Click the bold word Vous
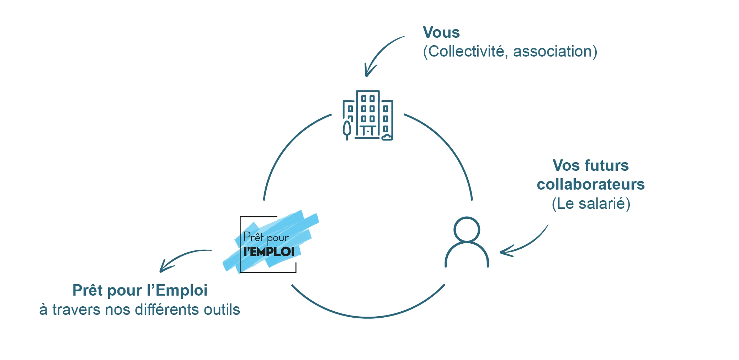coord(441,32)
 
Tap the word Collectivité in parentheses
coord(466,52)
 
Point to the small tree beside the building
coord(347,130)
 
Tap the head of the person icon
coord(467,229)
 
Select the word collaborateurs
coord(591,185)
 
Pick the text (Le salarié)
coord(591,204)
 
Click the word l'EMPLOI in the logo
coord(269,252)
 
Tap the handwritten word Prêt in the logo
coord(253,236)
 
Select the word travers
coord(76,310)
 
